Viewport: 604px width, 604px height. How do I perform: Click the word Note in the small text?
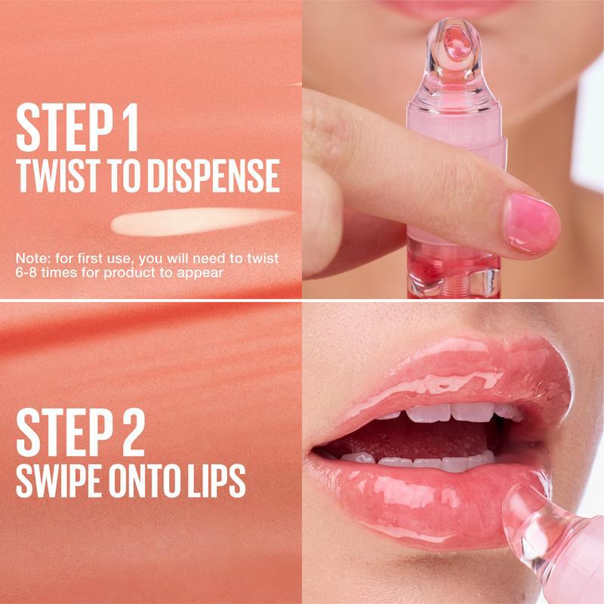click(x=31, y=258)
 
